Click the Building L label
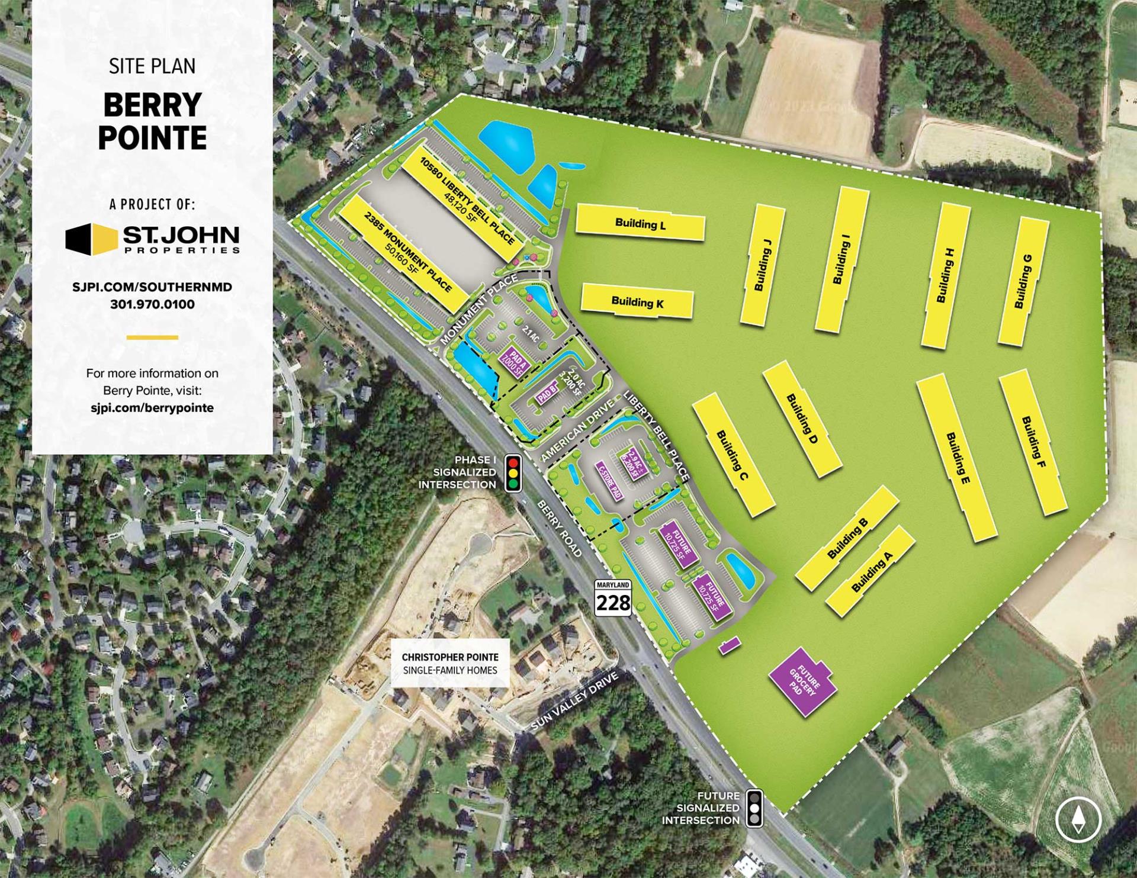coord(640,224)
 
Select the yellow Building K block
coord(637,302)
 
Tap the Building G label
coord(1023,281)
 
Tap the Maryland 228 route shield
coord(613,597)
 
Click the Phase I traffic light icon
coord(513,472)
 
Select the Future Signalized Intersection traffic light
coord(754,808)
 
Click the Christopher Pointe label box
coord(450,663)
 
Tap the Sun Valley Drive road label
coord(574,703)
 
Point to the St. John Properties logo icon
coord(91,239)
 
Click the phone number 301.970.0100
coord(152,304)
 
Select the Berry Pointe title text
coord(152,121)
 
